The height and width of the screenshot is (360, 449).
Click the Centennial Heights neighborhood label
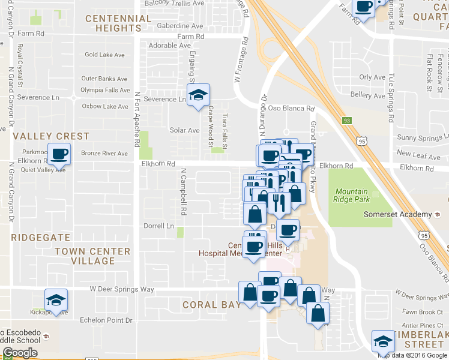118,23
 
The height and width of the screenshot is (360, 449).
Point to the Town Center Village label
92,256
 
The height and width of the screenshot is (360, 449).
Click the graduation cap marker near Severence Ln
198,95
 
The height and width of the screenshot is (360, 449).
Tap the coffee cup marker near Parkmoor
59,155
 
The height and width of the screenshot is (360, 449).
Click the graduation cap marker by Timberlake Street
383,343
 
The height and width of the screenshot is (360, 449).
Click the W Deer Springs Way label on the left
122,290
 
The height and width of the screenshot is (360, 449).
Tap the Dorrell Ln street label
158,226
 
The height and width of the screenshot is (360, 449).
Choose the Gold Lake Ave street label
104,55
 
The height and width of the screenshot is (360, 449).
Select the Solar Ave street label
184,130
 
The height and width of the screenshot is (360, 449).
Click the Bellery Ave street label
367,95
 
